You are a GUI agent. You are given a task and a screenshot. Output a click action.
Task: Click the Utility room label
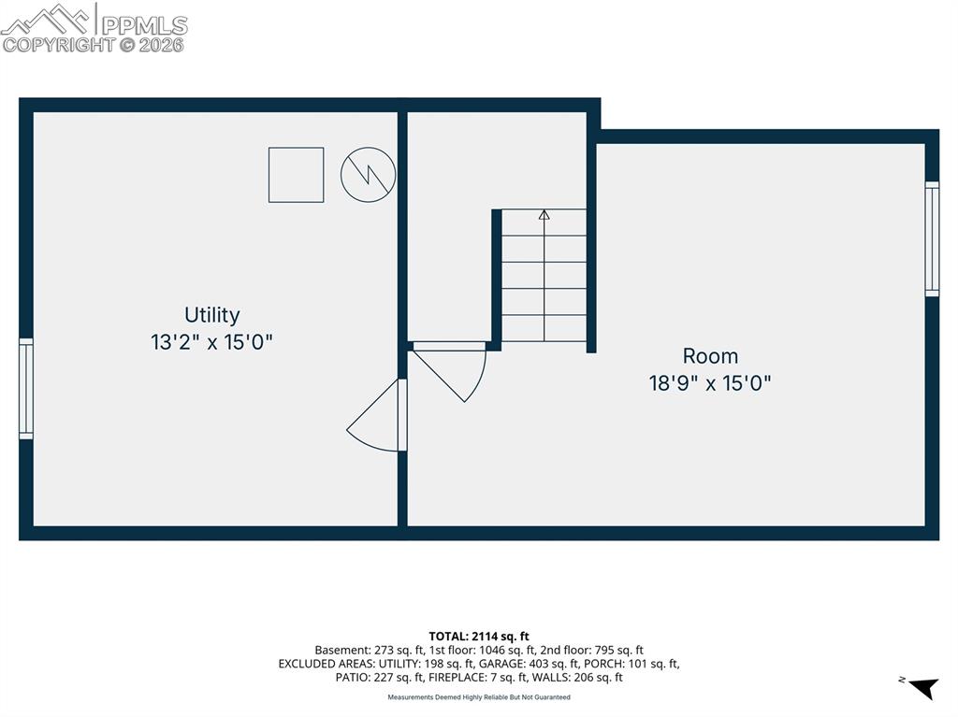pos(211,315)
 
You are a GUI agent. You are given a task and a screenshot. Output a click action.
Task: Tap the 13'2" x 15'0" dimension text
pos(211,342)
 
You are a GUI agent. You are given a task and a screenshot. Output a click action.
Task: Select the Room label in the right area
pos(710,356)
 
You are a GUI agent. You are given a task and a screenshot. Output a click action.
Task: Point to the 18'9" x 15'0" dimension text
pos(710,383)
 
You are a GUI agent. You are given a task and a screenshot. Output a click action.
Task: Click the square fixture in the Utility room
pos(296,175)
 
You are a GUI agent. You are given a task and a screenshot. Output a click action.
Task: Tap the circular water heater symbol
pos(368,175)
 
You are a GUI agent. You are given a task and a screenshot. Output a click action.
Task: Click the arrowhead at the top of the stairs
pos(544,215)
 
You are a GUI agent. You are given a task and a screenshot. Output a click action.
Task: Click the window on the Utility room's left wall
pos(26,389)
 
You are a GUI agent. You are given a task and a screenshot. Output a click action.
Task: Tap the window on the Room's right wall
pos(932,239)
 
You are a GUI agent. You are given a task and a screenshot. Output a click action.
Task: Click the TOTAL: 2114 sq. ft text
pos(479,637)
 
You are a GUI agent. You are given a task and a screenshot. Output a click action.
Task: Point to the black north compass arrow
pos(923,688)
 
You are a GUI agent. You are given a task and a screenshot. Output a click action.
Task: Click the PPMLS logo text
pos(144,24)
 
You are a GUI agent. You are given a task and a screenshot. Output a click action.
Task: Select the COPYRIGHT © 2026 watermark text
pos(94,44)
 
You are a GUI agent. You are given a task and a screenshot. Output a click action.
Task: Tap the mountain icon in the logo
pos(47,19)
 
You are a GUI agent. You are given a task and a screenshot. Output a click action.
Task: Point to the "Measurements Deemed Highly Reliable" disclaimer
pos(479,697)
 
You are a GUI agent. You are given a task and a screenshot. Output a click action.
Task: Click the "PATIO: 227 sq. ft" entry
pos(378,678)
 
